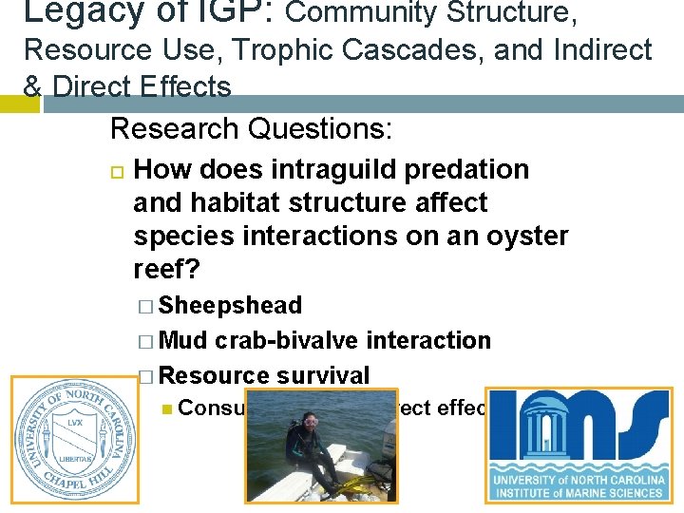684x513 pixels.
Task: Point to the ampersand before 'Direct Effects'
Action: tap(31, 86)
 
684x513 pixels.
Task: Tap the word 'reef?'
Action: tap(166, 270)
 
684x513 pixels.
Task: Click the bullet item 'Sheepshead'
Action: tap(230, 306)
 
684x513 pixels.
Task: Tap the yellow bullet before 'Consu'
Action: tap(167, 409)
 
